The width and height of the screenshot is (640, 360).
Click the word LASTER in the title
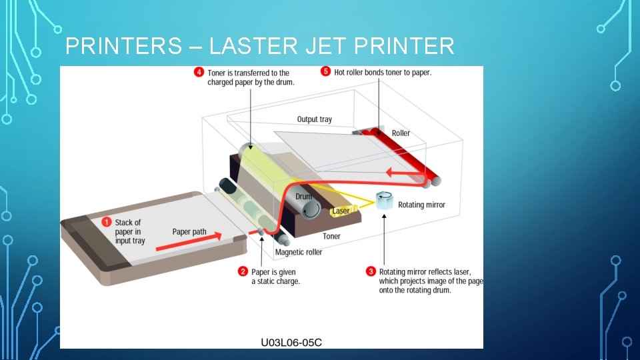246,47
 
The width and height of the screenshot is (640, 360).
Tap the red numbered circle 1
105,222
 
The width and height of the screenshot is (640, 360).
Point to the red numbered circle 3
371,271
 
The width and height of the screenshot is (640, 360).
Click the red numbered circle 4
199,72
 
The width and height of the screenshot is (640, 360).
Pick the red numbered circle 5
325,71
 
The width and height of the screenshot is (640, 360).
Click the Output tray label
314,119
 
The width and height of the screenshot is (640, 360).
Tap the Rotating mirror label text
421,205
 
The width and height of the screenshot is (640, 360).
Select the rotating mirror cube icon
385,200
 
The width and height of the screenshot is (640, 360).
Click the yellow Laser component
341,211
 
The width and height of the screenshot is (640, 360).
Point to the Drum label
303,197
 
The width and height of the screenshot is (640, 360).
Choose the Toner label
331,236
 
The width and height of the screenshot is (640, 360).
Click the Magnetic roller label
299,252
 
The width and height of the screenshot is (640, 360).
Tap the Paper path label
189,232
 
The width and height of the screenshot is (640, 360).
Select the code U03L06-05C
291,343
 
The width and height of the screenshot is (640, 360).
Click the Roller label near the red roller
401,133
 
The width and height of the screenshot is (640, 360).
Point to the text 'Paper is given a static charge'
275,277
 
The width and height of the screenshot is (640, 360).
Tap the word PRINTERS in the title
123,47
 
